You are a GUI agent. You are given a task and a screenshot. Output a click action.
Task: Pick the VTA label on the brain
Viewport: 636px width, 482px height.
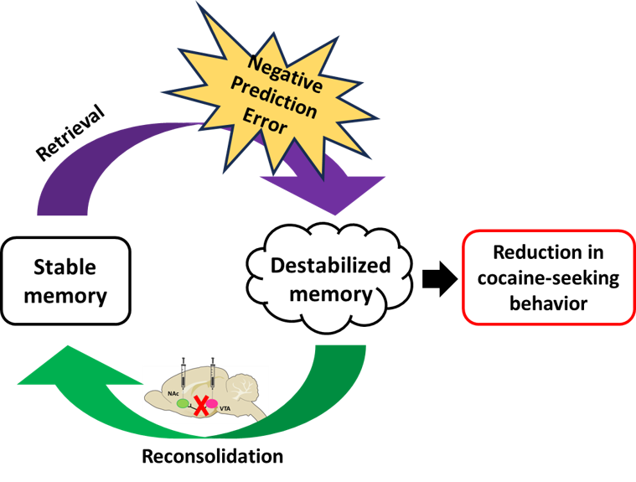pos(225,408)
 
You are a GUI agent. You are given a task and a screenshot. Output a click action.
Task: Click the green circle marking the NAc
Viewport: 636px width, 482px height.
pos(183,403)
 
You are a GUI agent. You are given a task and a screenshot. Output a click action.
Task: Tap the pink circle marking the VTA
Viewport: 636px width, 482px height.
pos(212,403)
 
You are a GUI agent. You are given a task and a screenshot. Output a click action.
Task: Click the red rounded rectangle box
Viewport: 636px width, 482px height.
pos(544,276)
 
